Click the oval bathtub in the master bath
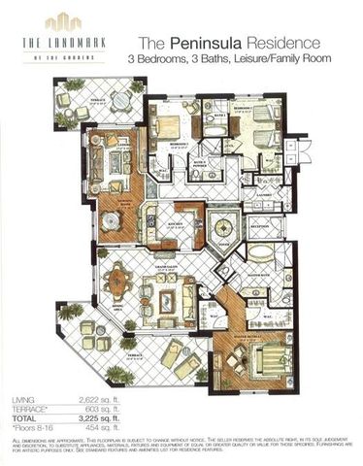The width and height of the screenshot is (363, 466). tap(261, 253)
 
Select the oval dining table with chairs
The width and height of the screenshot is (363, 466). tap(119, 283)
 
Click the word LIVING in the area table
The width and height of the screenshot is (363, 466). tap(23, 400)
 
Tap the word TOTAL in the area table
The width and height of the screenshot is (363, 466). tap(24, 416)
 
